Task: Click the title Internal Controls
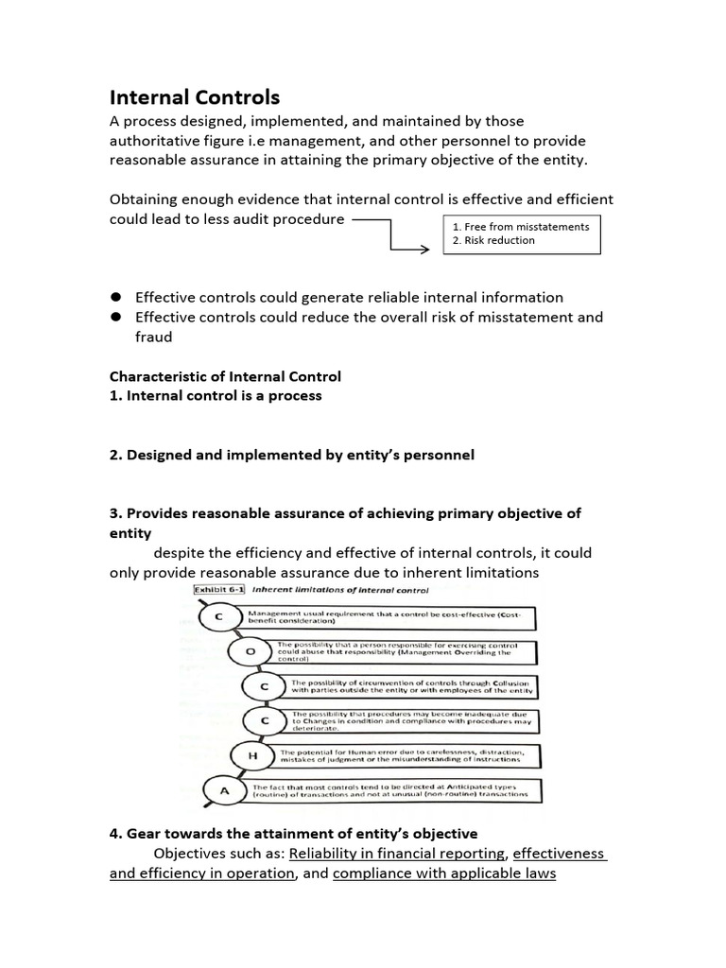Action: (x=195, y=97)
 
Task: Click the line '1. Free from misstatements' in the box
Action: (x=521, y=227)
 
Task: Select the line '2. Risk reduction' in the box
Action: (x=493, y=240)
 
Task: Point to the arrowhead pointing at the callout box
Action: (x=436, y=251)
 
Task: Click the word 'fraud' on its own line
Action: (x=155, y=337)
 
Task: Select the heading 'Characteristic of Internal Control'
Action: (x=225, y=376)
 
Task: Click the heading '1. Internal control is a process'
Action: (x=216, y=395)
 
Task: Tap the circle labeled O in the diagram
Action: (x=250, y=652)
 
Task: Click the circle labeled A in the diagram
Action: (x=223, y=790)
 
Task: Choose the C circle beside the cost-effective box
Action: (x=220, y=617)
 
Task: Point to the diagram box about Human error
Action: (x=407, y=755)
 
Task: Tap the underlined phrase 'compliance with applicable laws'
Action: (x=444, y=873)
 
